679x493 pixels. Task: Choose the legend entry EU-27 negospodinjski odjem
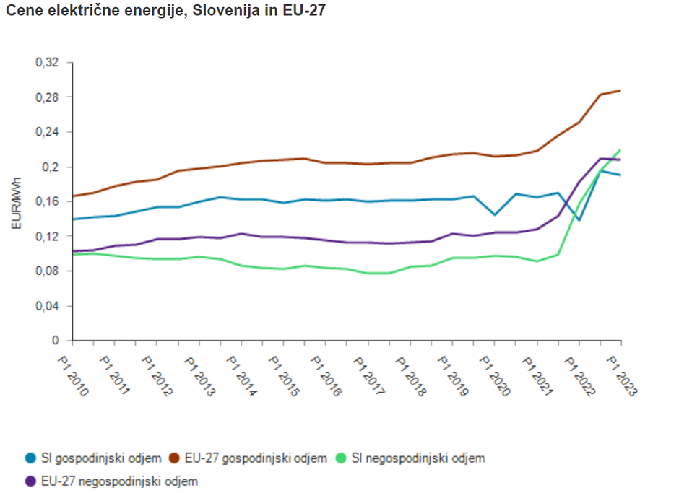[x=112, y=480]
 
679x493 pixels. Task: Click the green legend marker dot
[x=343, y=458]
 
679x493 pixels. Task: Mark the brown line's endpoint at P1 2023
[x=620, y=90]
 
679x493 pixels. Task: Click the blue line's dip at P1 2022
[x=579, y=220]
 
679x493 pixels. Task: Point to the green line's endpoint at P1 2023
[x=620, y=149]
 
